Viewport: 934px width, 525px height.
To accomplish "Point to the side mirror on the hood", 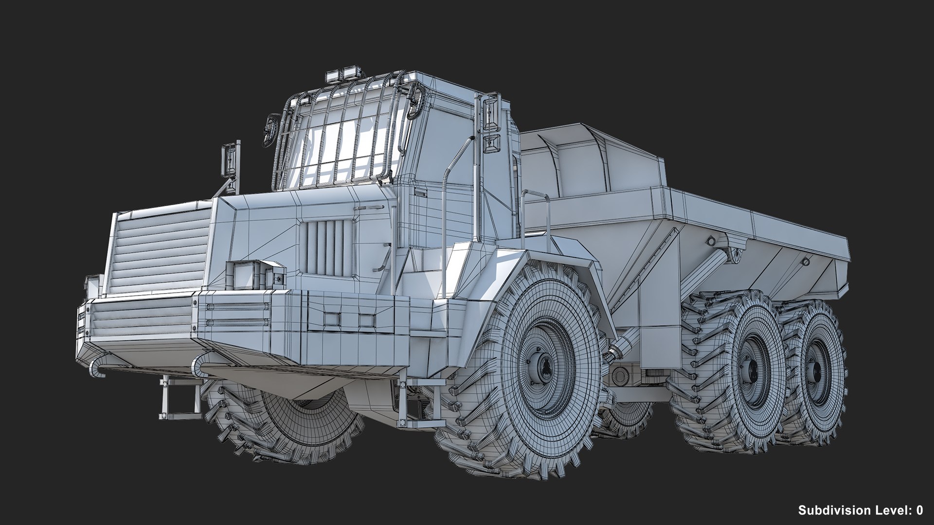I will coord(230,160).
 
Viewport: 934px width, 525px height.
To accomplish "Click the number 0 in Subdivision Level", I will coord(918,510).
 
